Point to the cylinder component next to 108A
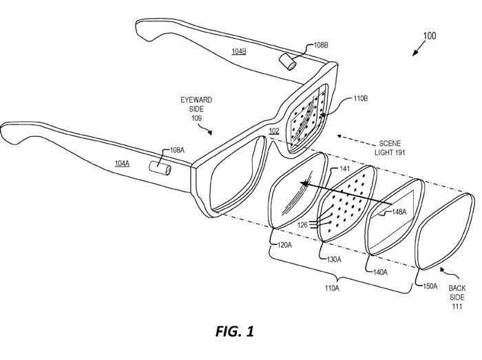163,168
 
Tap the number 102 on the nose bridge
274,130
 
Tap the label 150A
429,284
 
